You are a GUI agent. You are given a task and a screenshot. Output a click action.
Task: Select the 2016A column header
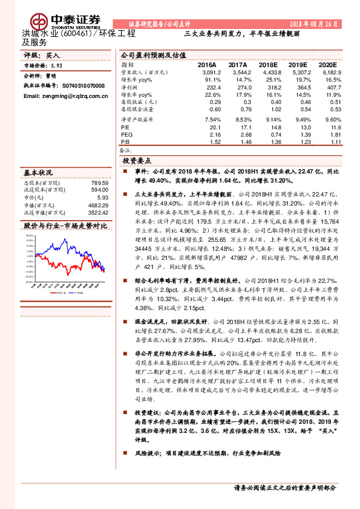tap(207, 64)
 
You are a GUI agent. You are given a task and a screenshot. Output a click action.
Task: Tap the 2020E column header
tap(327, 64)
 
